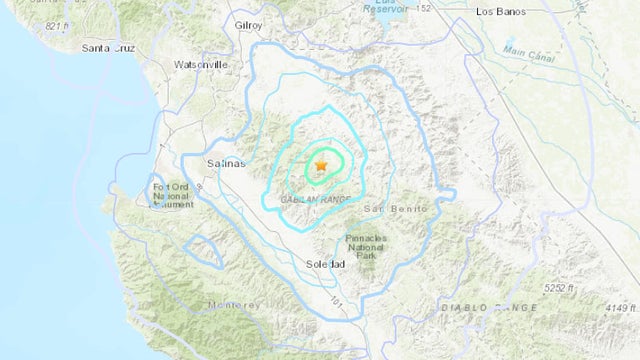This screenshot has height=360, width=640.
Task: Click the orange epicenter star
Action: pos(321,165)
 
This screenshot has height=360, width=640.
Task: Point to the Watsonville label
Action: pos(201,64)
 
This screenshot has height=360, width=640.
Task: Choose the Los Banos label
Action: pos(501,12)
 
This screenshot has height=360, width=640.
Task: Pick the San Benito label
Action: pos(394,208)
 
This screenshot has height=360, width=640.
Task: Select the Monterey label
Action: pos(234,304)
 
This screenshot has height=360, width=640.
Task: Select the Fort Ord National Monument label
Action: pos(172,193)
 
